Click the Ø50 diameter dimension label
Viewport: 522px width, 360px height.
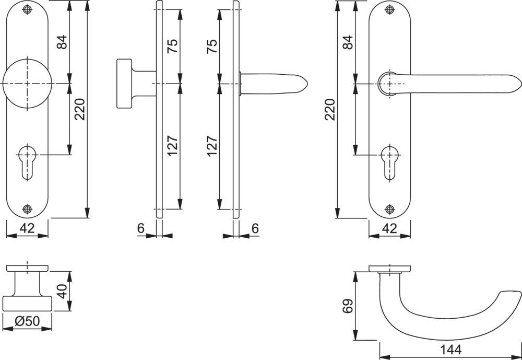pyautogui.click(x=27, y=322)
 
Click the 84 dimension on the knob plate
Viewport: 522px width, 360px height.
pyautogui.click(x=62, y=42)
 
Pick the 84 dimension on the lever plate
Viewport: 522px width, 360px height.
pyautogui.click(x=348, y=42)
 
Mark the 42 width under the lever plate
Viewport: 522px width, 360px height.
pyautogui.click(x=389, y=228)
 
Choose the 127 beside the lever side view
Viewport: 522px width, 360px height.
pyautogui.click(x=212, y=146)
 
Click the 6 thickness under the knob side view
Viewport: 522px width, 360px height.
pyautogui.click(x=141, y=228)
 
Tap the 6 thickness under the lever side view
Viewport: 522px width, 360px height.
pyautogui.click(x=255, y=228)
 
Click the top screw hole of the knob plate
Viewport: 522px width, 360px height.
pyautogui.click(x=27, y=10)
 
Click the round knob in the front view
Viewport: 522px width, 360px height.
pyautogui.click(x=27, y=84)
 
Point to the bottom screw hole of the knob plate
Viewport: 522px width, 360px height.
pyautogui.click(x=27, y=209)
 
